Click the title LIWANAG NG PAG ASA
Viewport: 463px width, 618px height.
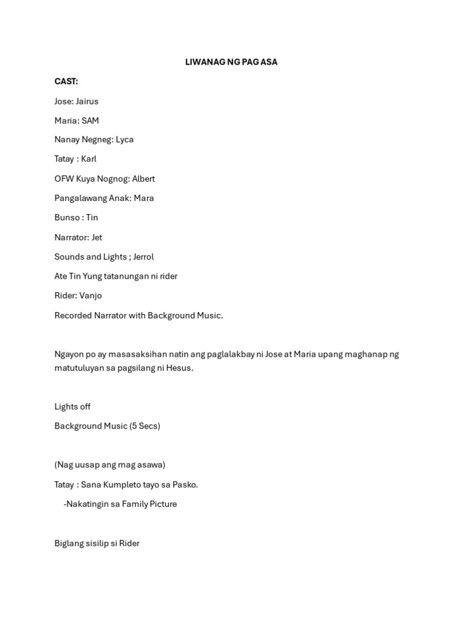point(231,62)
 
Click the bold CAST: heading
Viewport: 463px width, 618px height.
point(66,81)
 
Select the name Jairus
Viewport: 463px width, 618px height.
point(87,101)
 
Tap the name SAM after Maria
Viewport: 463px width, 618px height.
point(90,121)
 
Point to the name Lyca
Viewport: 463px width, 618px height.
point(125,139)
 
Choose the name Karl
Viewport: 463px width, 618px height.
point(89,159)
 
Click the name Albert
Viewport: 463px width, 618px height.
point(143,179)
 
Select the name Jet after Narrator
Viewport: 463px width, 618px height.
point(96,237)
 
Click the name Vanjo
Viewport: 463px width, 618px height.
point(90,296)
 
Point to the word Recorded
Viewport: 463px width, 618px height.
point(73,315)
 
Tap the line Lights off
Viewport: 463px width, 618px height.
point(72,407)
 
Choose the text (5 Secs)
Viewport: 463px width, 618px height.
point(145,426)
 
